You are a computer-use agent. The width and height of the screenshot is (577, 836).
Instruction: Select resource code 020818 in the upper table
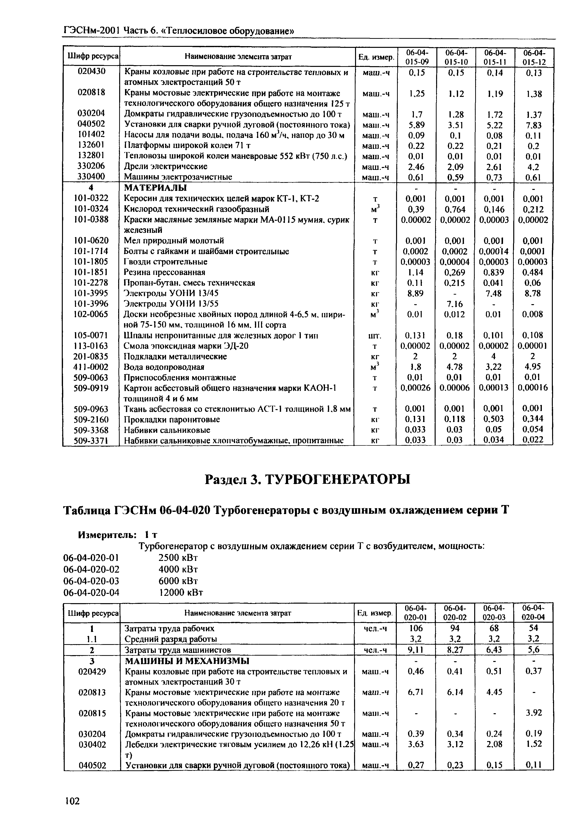point(92,93)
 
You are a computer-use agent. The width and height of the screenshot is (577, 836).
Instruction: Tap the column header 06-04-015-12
point(534,57)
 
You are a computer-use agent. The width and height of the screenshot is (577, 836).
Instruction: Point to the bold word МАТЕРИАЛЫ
point(156,188)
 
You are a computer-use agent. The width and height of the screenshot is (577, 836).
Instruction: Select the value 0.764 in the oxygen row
point(455,209)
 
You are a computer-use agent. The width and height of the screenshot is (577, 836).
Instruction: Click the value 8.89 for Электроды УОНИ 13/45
point(415,293)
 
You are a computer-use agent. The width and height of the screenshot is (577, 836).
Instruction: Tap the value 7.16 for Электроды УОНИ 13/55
point(455,303)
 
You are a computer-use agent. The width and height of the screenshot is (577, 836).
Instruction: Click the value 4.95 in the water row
point(533,367)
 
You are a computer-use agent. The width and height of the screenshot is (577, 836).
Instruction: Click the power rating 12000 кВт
point(181,592)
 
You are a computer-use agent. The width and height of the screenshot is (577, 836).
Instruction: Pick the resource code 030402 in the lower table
point(92,744)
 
